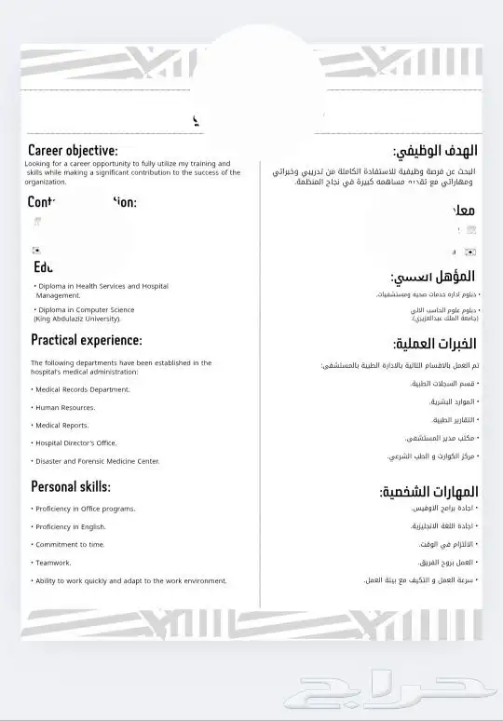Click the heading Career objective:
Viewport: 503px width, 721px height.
pos(73,150)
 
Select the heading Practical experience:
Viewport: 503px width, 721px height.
pos(86,340)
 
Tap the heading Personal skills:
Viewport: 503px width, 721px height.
pos(71,486)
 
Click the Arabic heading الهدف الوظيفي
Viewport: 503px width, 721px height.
pos(436,151)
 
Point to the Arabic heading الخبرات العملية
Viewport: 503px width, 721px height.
pos(435,344)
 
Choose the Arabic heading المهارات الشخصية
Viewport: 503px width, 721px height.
pos(428,491)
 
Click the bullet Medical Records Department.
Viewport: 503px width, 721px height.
pos(82,389)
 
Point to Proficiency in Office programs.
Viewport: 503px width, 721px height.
pos(85,509)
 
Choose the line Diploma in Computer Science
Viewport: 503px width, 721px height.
pos(85,309)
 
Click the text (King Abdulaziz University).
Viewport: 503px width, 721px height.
pos(77,319)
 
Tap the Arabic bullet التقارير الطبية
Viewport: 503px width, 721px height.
pos(454,419)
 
